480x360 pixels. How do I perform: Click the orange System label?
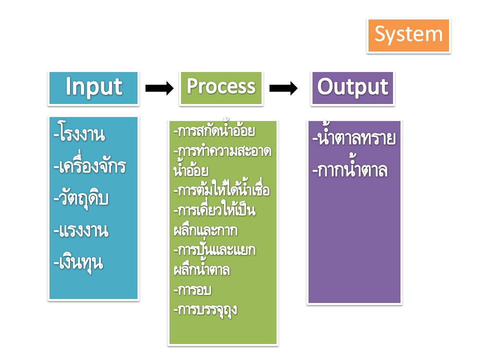coord(409,35)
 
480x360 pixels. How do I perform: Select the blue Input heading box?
coord(93,88)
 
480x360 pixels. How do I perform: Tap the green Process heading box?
coord(220,88)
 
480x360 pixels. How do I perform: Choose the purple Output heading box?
coord(352,88)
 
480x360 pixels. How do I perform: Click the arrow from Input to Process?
coord(159,88)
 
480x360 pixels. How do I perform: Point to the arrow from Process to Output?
coord(283,88)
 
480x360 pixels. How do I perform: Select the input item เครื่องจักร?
coord(89,166)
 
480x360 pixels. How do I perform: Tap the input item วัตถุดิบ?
coord(81,198)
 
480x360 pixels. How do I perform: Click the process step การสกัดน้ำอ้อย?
coord(214,132)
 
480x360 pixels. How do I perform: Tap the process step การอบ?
coord(188,289)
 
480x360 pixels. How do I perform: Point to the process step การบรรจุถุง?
coord(205,309)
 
